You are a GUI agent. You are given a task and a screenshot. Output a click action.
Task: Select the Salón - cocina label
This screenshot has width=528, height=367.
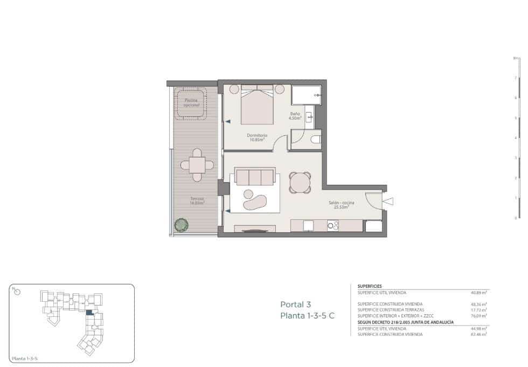coord(342,204)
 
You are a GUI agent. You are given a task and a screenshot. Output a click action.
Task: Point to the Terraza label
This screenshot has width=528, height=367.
coord(197,201)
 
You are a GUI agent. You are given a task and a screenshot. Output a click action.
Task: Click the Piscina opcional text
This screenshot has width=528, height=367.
coord(191,102)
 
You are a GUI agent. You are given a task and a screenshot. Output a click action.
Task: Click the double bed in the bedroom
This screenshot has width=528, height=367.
coord(257,105)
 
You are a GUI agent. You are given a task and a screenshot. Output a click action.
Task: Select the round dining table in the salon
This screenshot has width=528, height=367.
coord(300,182)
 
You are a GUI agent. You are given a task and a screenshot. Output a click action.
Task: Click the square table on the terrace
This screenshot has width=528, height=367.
coord(196,164)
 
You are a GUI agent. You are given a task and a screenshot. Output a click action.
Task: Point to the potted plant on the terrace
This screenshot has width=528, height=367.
coord(181,224)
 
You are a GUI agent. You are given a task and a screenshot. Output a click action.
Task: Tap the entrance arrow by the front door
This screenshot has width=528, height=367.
coord(388,201)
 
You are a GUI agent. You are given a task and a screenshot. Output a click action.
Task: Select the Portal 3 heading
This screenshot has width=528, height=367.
coord(295,304)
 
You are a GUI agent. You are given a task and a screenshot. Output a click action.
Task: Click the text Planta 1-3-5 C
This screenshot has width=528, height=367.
coord(307,316)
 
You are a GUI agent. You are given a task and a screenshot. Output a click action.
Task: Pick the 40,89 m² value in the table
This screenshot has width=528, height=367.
coord(478,293)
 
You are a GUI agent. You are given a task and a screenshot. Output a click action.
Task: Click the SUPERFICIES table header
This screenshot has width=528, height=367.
coord(370,286)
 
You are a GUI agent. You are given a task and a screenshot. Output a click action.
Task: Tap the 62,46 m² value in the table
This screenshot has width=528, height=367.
coord(478,334)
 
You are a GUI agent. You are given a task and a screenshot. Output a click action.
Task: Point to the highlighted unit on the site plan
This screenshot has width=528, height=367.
coord(89,312)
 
